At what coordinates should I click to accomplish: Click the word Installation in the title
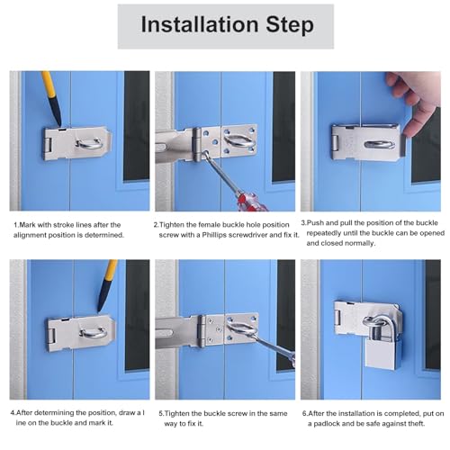[200, 24]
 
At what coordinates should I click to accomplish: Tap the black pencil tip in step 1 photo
[59, 123]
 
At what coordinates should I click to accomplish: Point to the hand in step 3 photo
[418, 104]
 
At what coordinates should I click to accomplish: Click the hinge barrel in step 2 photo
[197, 144]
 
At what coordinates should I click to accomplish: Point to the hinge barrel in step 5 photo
[202, 330]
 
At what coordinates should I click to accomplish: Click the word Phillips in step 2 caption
[214, 235]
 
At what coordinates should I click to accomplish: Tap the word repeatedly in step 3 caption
[324, 233]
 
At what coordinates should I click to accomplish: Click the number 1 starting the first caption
[16, 225]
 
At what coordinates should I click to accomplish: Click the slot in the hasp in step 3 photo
[379, 145]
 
